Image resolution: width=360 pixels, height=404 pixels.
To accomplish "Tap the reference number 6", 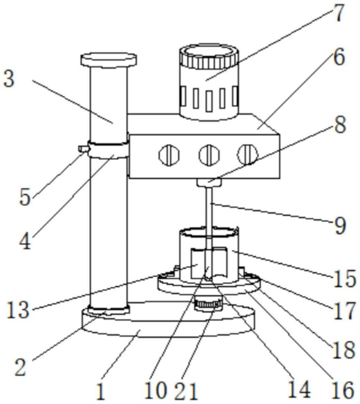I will pos(338,58).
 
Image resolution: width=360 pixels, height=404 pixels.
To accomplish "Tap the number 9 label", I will pos(339,226).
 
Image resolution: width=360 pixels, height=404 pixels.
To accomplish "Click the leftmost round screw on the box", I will pos(167,154).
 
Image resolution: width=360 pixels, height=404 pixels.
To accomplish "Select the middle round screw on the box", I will pos(208,154).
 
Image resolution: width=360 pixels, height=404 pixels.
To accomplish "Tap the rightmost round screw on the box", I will pos(247,154).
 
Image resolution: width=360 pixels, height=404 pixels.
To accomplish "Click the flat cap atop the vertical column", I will pos(109,59).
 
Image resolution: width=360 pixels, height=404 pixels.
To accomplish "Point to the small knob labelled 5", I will pos(84,149).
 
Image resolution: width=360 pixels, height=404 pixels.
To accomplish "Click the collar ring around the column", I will pos(108,151).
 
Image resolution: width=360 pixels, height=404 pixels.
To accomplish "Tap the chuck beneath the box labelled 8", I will pos(209,183).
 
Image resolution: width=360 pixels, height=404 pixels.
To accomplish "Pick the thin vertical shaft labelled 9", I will pos(209,214).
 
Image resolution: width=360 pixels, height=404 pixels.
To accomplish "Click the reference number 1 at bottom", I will pos(100,391).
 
